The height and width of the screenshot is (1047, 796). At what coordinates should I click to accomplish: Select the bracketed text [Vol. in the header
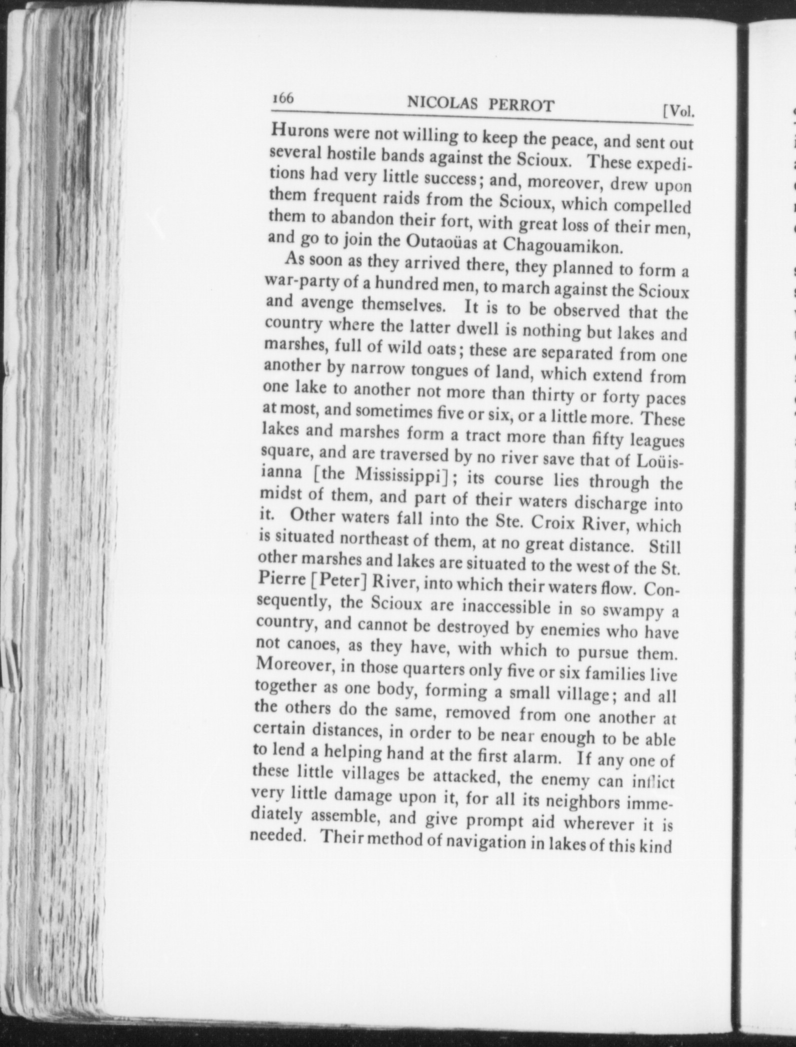coord(678,111)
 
